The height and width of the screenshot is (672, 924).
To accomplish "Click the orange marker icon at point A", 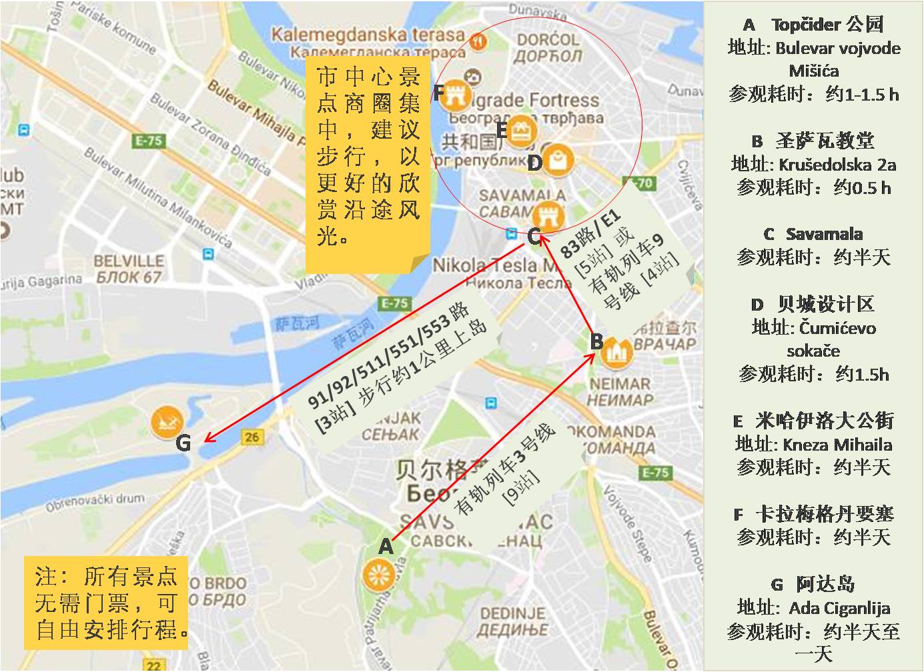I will (x=378, y=575).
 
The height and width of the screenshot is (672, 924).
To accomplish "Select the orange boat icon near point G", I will (x=167, y=422).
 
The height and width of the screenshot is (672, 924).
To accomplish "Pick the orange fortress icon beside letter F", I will (x=456, y=94).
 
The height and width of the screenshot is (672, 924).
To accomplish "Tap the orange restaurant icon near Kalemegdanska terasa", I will (x=478, y=42).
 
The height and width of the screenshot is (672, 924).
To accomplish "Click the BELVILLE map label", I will (x=128, y=261).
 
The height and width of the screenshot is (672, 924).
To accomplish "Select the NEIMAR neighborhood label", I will (x=619, y=384).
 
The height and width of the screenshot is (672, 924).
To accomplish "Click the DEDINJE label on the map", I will (x=512, y=613).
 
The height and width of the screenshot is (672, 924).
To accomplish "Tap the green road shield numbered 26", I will (x=252, y=437).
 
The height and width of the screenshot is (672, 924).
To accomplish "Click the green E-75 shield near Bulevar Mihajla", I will (x=149, y=141).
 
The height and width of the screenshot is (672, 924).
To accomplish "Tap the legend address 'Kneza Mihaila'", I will (x=837, y=444).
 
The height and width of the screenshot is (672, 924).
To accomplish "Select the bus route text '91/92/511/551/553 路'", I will (x=389, y=355).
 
